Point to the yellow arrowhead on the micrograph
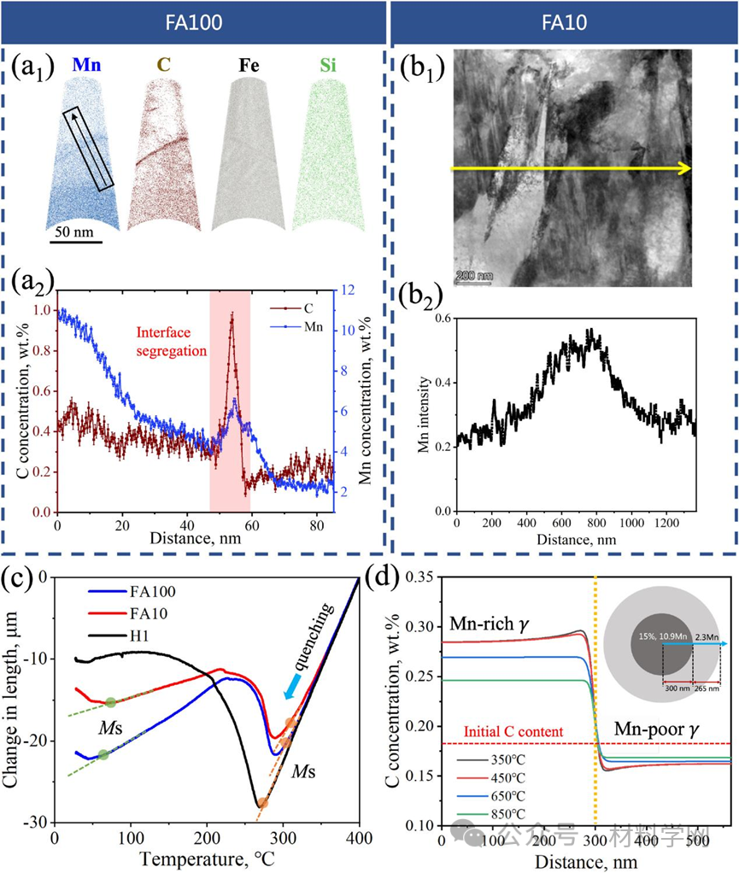click(684, 169)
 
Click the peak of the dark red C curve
click(231, 315)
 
